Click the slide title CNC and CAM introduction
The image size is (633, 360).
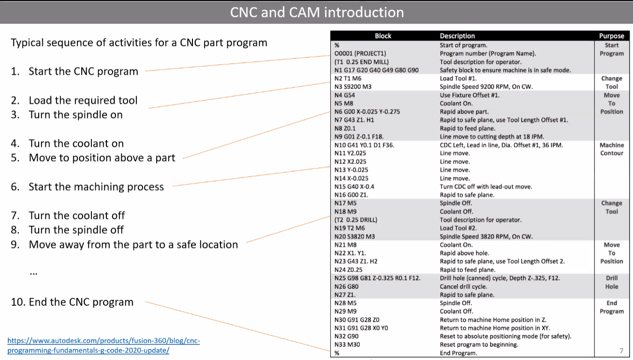point(317,12)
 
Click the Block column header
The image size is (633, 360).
point(383,36)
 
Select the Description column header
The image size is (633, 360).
point(457,36)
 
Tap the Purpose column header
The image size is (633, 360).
point(611,36)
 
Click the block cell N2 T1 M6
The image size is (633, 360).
point(348,78)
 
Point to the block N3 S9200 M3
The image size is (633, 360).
point(353,87)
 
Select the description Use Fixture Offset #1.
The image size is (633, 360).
point(470,95)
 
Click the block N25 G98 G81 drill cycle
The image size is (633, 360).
point(377,278)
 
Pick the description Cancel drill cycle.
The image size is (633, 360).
point(464,286)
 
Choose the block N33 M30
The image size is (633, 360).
point(347,345)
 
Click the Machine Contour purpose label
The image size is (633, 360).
point(611,149)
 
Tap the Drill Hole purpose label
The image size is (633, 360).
point(611,283)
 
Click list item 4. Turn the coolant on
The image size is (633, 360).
point(68,144)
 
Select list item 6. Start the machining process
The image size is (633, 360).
point(88,187)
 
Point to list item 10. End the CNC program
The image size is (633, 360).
point(72,302)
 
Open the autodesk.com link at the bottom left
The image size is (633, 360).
point(103,345)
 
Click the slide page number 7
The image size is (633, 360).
point(621,351)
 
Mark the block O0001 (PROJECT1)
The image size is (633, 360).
point(360,53)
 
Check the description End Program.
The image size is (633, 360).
point(458,353)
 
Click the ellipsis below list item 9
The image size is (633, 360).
point(33,272)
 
